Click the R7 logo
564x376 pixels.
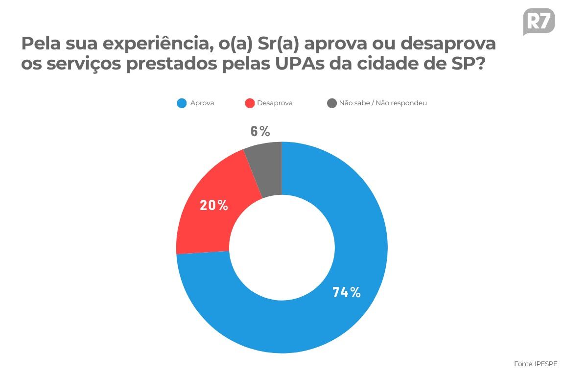point(539,22)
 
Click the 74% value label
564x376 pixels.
point(347,292)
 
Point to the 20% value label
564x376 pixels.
point(214,205)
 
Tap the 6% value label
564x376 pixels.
point(260,131)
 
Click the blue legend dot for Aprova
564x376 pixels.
point(182,103)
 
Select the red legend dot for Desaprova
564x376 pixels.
point(250,103)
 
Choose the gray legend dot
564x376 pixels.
point(332,103)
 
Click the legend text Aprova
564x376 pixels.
point(202,103)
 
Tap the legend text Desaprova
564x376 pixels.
point(275,103)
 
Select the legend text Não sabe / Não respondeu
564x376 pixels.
point(383,103)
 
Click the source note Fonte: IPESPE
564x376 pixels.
point(536,364)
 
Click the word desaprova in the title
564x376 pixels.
point(448,44)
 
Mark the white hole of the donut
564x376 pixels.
point(282,247)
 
